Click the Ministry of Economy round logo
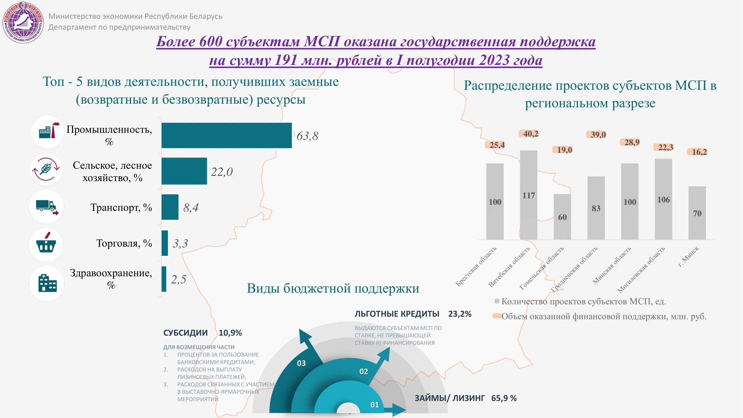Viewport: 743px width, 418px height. point(23,23)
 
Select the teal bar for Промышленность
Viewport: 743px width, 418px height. point(226,135)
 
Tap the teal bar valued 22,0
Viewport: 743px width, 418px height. point(184,171)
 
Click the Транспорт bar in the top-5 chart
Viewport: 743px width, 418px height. point(170,207)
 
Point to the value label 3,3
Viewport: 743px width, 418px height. point(180,244)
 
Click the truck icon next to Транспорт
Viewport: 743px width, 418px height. point(47,207)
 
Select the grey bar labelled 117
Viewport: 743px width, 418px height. point(528,195)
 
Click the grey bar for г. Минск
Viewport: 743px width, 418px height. point(697,213)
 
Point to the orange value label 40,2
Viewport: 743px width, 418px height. point(531,133)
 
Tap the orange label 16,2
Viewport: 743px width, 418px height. point(699,152)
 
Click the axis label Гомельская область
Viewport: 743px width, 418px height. point(541,268)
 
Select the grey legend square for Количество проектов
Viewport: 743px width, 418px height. point(497,301)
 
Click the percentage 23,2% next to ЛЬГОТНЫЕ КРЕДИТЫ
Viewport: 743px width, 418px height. point(459,314)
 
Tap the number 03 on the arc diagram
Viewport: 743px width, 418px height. point(301,363)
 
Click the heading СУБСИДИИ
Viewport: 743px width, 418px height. point(186,333)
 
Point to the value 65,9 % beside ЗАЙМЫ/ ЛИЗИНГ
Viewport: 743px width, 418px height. point(504,398)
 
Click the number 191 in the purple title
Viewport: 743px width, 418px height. point(286,60)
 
